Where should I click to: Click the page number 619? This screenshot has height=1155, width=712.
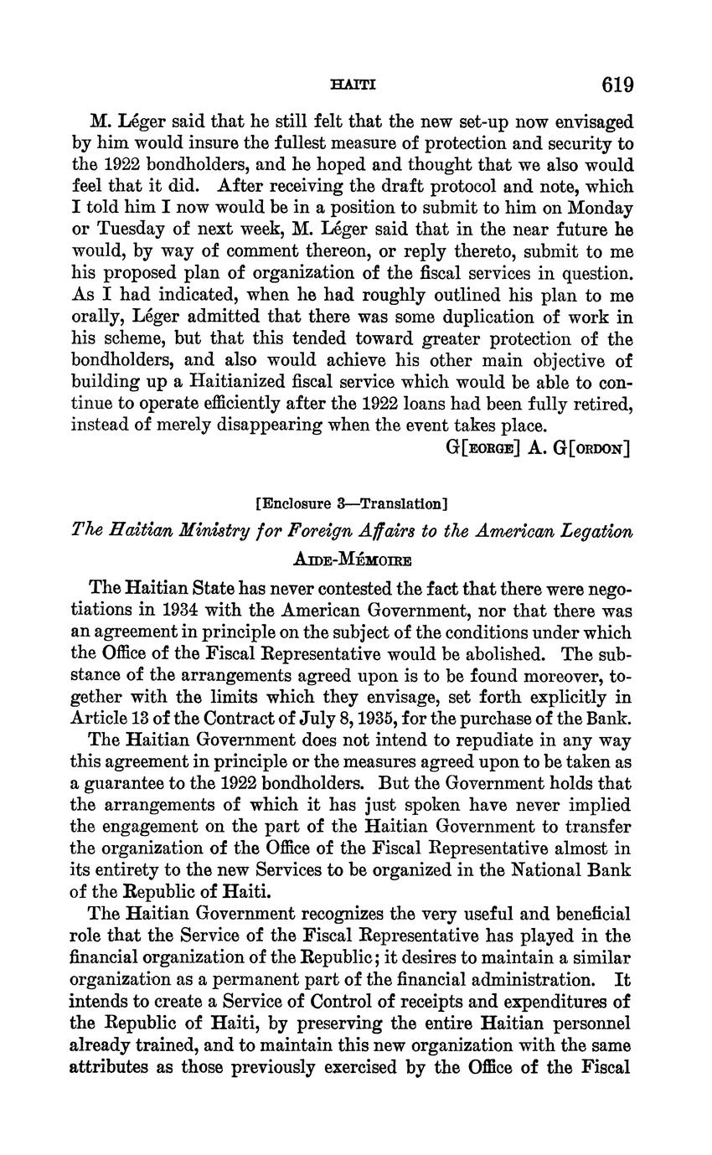pos(617,85)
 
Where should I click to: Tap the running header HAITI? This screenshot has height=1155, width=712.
pos(354,85)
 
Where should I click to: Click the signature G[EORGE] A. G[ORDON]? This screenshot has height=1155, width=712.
pos(539,448)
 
